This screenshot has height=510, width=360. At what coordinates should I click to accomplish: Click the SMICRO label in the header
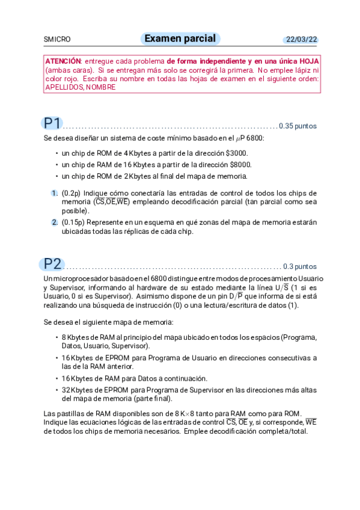point(57,40)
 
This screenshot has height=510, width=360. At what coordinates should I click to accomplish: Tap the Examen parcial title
point(180,39)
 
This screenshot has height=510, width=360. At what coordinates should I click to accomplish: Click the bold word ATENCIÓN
point(63,62)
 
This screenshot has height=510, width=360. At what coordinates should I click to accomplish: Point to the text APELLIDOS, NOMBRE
point(80,87)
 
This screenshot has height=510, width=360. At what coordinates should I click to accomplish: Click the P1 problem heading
point(52,123)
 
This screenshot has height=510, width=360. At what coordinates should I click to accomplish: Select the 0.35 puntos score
point(298,126)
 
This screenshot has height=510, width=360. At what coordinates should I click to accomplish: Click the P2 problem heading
point(53,263)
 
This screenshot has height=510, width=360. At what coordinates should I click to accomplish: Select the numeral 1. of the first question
point(54,193)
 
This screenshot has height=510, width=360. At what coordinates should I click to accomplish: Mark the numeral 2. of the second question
point(54,223)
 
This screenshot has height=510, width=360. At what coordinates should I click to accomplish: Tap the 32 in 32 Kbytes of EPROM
point(66,390)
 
